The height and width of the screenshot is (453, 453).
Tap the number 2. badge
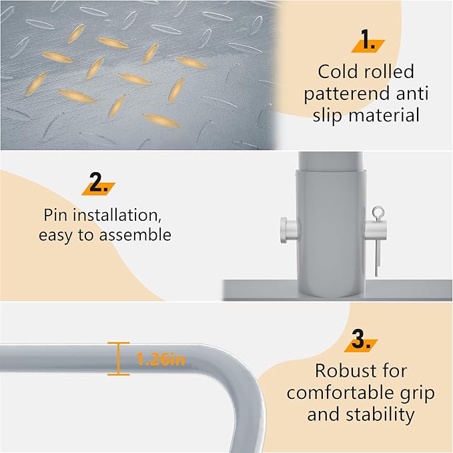pos(99,183)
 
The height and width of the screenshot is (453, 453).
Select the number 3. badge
pos(361,340)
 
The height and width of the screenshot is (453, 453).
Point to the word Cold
pos(337,71)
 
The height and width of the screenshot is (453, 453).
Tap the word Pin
pos(56,215)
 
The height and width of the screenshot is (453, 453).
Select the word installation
pos(117,215)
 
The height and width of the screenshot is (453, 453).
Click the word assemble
pos(135,235)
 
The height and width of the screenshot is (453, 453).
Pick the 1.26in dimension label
pos(160,360)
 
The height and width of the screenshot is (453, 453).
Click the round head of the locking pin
pos(283,231)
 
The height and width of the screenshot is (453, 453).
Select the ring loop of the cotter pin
pos(378,212)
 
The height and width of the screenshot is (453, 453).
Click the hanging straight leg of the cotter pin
pos(377,258)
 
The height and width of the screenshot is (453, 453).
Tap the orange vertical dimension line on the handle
pos(119,359)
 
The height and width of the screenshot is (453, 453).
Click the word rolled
pos(388,71)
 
